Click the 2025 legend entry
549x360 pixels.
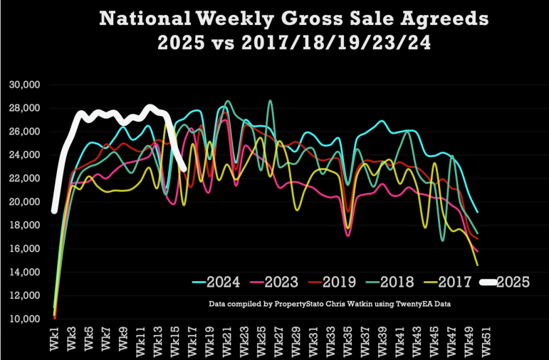514,282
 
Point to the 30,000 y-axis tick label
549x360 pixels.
25,85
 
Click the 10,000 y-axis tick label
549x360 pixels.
25,319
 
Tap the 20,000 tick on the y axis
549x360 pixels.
25,202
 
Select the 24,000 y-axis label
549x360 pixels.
25,155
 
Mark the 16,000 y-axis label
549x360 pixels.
25,249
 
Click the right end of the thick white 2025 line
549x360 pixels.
184,169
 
